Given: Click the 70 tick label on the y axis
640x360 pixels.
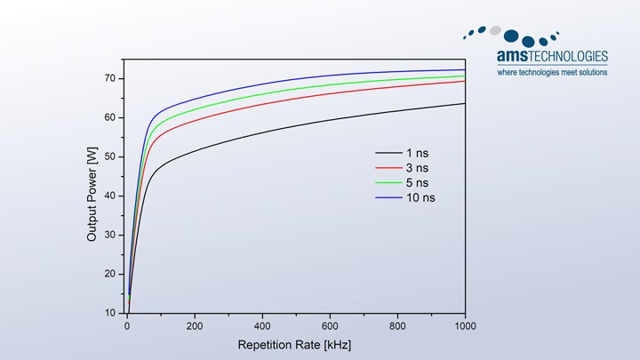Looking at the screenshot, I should pos(110,78).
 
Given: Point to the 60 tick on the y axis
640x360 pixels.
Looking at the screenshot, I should pos(110,117).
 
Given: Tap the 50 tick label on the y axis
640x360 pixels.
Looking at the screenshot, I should pos(110,156).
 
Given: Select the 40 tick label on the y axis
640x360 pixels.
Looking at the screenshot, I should pos(110,196).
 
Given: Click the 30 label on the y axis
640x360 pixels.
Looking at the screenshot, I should pos(110,235).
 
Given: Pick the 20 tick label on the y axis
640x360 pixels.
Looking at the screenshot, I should pos(110,274).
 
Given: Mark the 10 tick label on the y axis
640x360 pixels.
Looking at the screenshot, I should pos(110,313).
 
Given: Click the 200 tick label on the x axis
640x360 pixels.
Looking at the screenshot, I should pos(195,326).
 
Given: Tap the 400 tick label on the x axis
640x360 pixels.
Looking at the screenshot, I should pos(262,326).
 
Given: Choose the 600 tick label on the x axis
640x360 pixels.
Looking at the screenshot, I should pos(330,326).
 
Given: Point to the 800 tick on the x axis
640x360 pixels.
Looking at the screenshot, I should pos(397,326).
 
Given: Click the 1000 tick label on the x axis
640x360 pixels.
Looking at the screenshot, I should pos(464,326).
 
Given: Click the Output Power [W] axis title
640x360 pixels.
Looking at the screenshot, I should pos(92,196).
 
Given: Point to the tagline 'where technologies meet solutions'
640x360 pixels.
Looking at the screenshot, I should pos(552,72).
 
